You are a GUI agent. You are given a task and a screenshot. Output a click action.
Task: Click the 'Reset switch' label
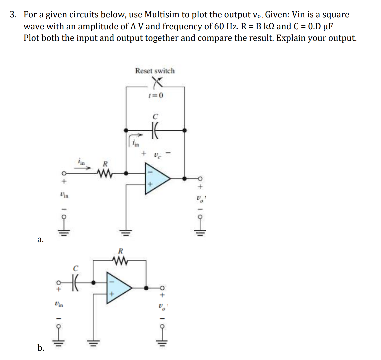[155, 71]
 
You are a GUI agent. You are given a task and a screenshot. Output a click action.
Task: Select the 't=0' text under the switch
[156, 96]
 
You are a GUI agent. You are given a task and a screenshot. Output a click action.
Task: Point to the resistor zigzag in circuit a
[105, 173]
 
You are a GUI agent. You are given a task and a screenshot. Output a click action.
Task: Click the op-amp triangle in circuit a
[157, 178]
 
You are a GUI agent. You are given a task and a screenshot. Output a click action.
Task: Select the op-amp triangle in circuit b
[118, 288]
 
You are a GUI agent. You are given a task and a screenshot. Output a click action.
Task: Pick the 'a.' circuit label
[41, 240]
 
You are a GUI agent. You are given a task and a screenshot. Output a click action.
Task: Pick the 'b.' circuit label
[41, 348]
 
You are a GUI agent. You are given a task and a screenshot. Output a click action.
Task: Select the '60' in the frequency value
[219, 26]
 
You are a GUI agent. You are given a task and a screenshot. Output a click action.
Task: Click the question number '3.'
[13, 14]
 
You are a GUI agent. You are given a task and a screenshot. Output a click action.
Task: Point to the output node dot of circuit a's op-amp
[184, 178]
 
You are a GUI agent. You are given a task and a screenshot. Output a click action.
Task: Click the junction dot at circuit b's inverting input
[93, 282]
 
